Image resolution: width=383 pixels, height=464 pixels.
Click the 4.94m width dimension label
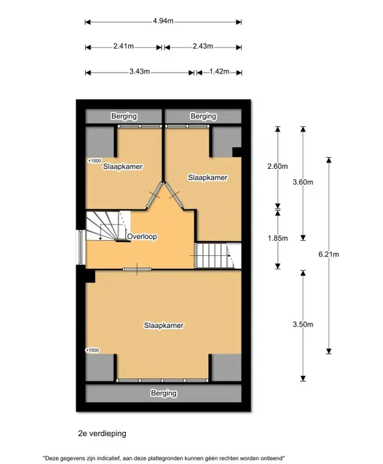point(163,21)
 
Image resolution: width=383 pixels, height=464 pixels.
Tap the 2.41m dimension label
point(123,46)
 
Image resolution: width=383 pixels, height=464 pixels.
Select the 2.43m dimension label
point(203,46)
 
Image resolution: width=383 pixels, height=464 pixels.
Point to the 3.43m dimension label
point(139,71)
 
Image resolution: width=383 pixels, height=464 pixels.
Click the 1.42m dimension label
point(219,71)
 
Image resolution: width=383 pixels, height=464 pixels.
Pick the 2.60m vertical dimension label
point(278,166)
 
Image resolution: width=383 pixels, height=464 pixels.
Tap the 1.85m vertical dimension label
point(278,238)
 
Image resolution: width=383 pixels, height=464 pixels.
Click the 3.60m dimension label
point(303,182)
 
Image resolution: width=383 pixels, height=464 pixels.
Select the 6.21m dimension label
point(329,254)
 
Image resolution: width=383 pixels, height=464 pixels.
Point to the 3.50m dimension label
point(303,324)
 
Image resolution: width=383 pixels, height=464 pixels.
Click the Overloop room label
point(142,237)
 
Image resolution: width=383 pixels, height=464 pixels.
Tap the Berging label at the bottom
point(164,393)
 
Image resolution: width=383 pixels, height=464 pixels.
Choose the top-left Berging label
point(124,116)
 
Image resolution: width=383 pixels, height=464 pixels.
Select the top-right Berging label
point(203,116)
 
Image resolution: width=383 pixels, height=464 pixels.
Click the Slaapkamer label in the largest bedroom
point(164,325)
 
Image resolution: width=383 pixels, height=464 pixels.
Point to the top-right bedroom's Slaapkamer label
point(208,177)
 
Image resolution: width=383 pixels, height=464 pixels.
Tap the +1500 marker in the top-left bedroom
point(95,161)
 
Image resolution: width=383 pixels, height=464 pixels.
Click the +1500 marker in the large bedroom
point(92,350)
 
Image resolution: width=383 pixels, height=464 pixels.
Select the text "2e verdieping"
point(102,434)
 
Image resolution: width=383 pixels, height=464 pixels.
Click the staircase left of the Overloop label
point(108,226)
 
